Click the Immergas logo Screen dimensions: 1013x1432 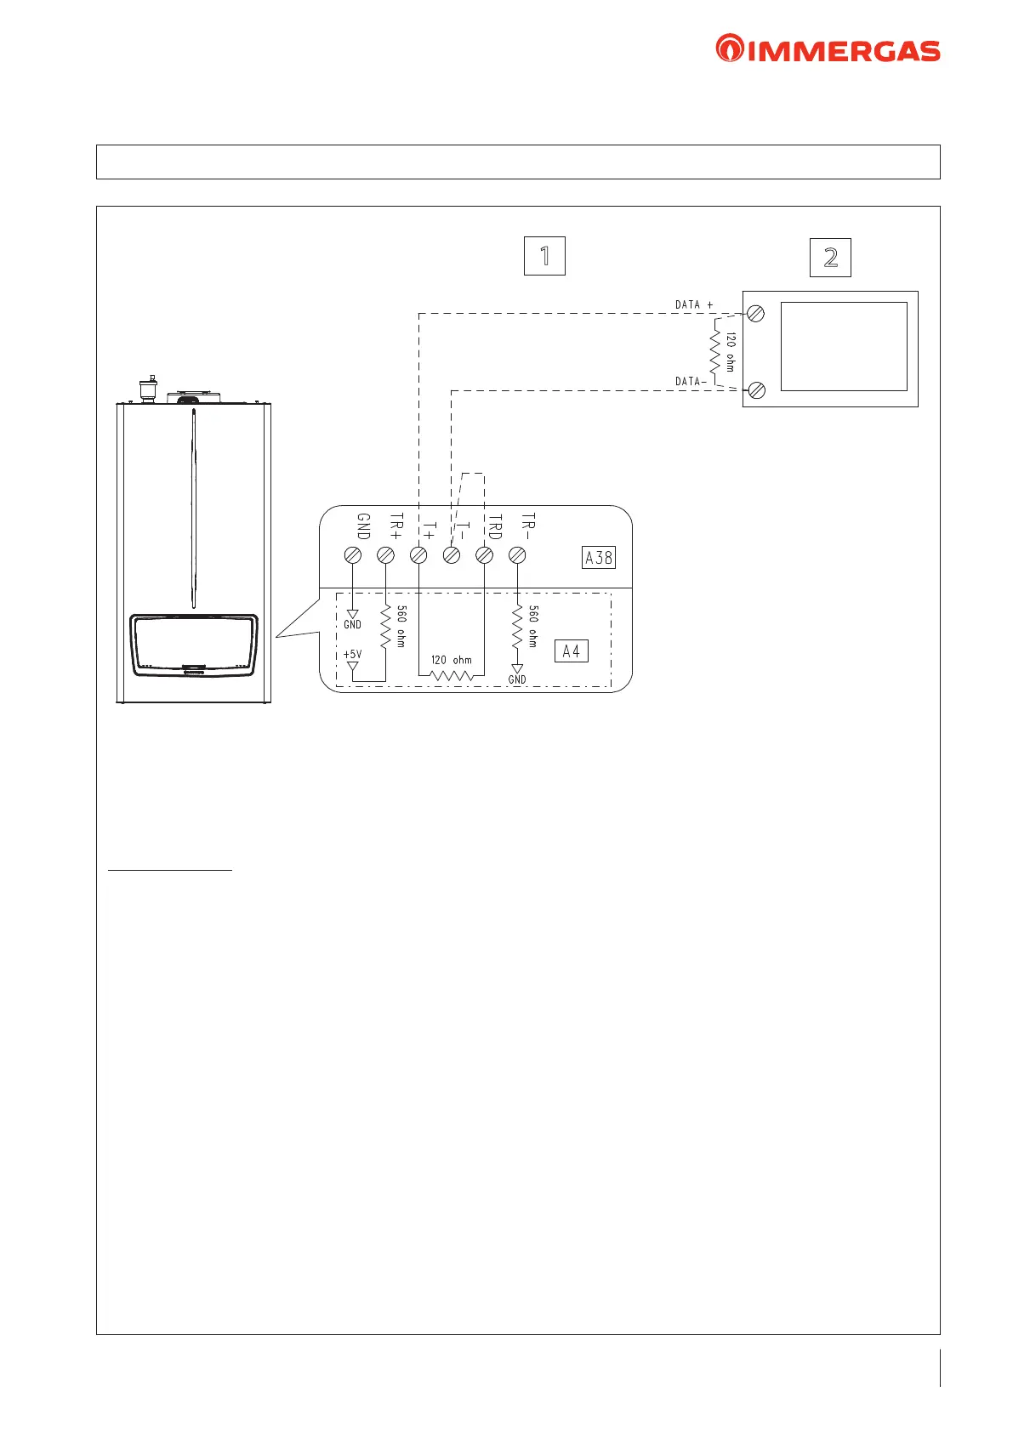click(x=828, y=48)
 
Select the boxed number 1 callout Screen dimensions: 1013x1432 click(x=544, y=255)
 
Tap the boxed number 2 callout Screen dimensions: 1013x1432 click(x=830, y=257)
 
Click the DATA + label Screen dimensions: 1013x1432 click(x=694, y=304)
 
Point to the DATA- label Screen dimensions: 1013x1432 click(x=691, y=382)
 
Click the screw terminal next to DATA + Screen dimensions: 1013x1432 click(x=756, y=314)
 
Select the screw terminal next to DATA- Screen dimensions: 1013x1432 click(x=756, y=390)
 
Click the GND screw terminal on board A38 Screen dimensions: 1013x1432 click(x=353, y=555)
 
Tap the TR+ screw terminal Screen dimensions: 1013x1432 click(x=385, y=555)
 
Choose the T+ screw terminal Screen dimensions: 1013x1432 click(x=418, y=555)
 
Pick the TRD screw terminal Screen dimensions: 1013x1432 click(x=484, y=555)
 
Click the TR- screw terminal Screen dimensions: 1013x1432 click(x=517, y=555)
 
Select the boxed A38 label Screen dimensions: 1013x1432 click(x=599, y=558)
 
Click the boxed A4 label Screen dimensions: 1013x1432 click(x=571, y=651)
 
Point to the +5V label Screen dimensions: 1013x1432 click(x=352, y=655)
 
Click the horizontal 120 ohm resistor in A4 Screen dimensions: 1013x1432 click(x=452, y=675)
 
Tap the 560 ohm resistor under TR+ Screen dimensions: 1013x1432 click(x=385, y=627)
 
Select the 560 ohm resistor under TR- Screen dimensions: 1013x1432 click(x=517, y=627)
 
